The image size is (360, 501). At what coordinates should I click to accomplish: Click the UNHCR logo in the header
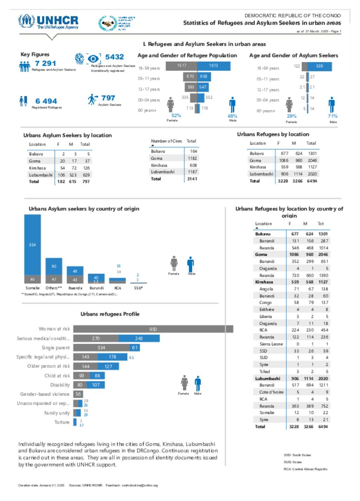tap(49, 21)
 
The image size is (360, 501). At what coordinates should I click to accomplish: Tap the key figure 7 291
tap(46, 63)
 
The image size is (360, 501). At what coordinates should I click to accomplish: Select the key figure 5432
tap(114, 57)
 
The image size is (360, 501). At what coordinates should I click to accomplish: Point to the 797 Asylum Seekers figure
tap(108, 98)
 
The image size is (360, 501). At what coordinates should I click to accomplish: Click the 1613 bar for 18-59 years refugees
tap(214, 66)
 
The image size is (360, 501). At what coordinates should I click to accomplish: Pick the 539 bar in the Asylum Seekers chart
tap(319, 66)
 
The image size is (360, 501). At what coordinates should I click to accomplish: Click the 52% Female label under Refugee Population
tap(176, 116)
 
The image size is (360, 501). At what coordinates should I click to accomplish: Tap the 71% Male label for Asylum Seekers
tap(333, 116)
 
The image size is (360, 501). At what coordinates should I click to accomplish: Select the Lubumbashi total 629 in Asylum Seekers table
tap(86, 175)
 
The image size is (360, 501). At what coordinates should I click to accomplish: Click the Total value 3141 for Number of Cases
tap(192, 179)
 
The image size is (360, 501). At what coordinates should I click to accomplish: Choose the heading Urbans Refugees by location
tap(273, 134)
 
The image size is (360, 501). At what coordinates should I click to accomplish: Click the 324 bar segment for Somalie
tap(32, 244)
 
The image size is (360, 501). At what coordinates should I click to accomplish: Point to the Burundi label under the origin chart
tap(97, 288)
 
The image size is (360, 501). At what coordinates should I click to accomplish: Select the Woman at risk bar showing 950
tap(153, 329)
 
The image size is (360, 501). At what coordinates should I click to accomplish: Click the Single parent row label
tap(56, 348)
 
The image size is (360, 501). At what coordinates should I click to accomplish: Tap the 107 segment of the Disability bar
tap(96, 385)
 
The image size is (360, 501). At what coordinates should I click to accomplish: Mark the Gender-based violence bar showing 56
tap(78, 394)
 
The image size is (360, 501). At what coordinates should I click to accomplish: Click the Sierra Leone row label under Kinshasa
tap(271, 344)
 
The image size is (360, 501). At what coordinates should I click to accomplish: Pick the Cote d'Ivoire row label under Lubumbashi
tap(271, 392)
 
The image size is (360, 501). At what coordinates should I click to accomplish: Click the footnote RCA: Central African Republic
tap(306, 469)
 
